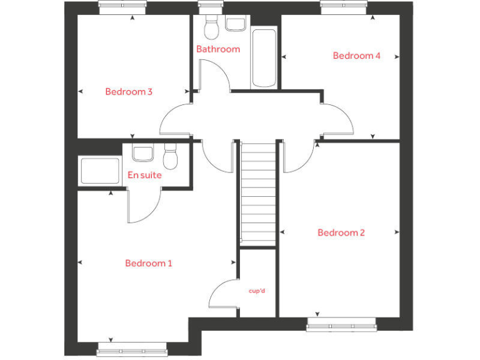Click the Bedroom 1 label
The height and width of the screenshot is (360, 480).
149,263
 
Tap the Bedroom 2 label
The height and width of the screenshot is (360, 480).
341,232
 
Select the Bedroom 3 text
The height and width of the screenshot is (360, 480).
129,92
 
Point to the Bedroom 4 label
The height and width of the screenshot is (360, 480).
356,56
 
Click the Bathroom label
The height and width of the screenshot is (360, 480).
218,49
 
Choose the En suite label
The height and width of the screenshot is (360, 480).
144,175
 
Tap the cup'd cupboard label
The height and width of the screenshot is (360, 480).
257,291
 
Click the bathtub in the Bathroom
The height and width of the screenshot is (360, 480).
264,57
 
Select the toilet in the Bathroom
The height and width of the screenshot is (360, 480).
211,27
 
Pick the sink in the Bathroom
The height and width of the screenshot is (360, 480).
236,24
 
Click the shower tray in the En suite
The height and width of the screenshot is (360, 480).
100,171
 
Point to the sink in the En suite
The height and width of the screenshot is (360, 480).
143,153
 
